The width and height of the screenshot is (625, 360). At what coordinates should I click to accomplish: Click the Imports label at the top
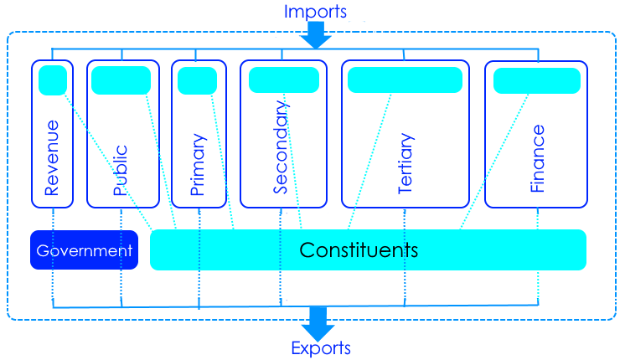[x=315, y=12]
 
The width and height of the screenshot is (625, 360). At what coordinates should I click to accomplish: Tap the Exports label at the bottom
[x=321, y=348]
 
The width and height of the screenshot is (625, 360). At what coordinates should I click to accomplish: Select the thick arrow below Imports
[x=316, y=35]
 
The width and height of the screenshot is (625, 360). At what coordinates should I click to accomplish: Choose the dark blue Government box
[x=84, y=250]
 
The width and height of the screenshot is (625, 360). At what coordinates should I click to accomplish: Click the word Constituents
[x=359, y=250]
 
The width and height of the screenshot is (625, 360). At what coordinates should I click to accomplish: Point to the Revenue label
[x=52, y=157]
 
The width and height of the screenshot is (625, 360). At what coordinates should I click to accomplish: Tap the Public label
[x=120, y=170]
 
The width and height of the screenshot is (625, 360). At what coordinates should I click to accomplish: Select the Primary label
[x=198, y=164]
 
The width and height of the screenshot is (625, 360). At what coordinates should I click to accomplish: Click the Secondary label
[x=281, y=147]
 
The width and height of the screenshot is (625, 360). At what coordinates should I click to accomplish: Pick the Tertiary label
[x=405, y=163]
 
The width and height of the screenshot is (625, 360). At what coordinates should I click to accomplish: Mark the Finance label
[x=537, y=158]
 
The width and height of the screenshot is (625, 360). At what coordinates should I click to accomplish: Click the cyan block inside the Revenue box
[x=53, y=80]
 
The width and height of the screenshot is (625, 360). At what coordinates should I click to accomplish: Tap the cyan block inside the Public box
[x=121, y=80]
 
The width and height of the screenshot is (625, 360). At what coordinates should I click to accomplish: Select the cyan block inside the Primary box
[x=198, y=81]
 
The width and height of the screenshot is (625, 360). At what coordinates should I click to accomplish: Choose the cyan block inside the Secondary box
[x=284, y=80]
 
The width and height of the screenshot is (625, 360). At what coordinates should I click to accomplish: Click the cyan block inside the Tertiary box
[x=405, y=80]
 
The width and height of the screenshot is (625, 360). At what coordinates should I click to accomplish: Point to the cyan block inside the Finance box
[x=537, y=81]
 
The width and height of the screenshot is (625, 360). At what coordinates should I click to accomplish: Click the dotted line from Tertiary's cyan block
[x=370, y=162]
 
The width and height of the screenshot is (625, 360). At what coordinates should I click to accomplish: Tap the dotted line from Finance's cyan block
[x=494, y=162]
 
